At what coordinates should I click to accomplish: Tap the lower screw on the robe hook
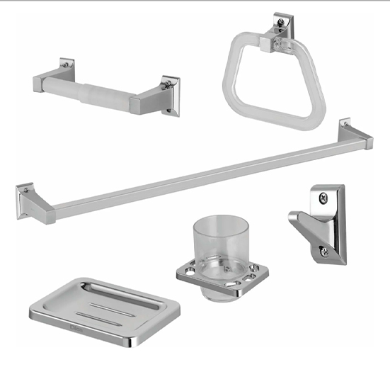click(x=325, y=249)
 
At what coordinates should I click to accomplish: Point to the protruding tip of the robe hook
click(x=292, y=220)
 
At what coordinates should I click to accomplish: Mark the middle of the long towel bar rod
click(x=198, y=174)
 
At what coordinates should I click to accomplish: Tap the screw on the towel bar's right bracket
click(x=345, y=125)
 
